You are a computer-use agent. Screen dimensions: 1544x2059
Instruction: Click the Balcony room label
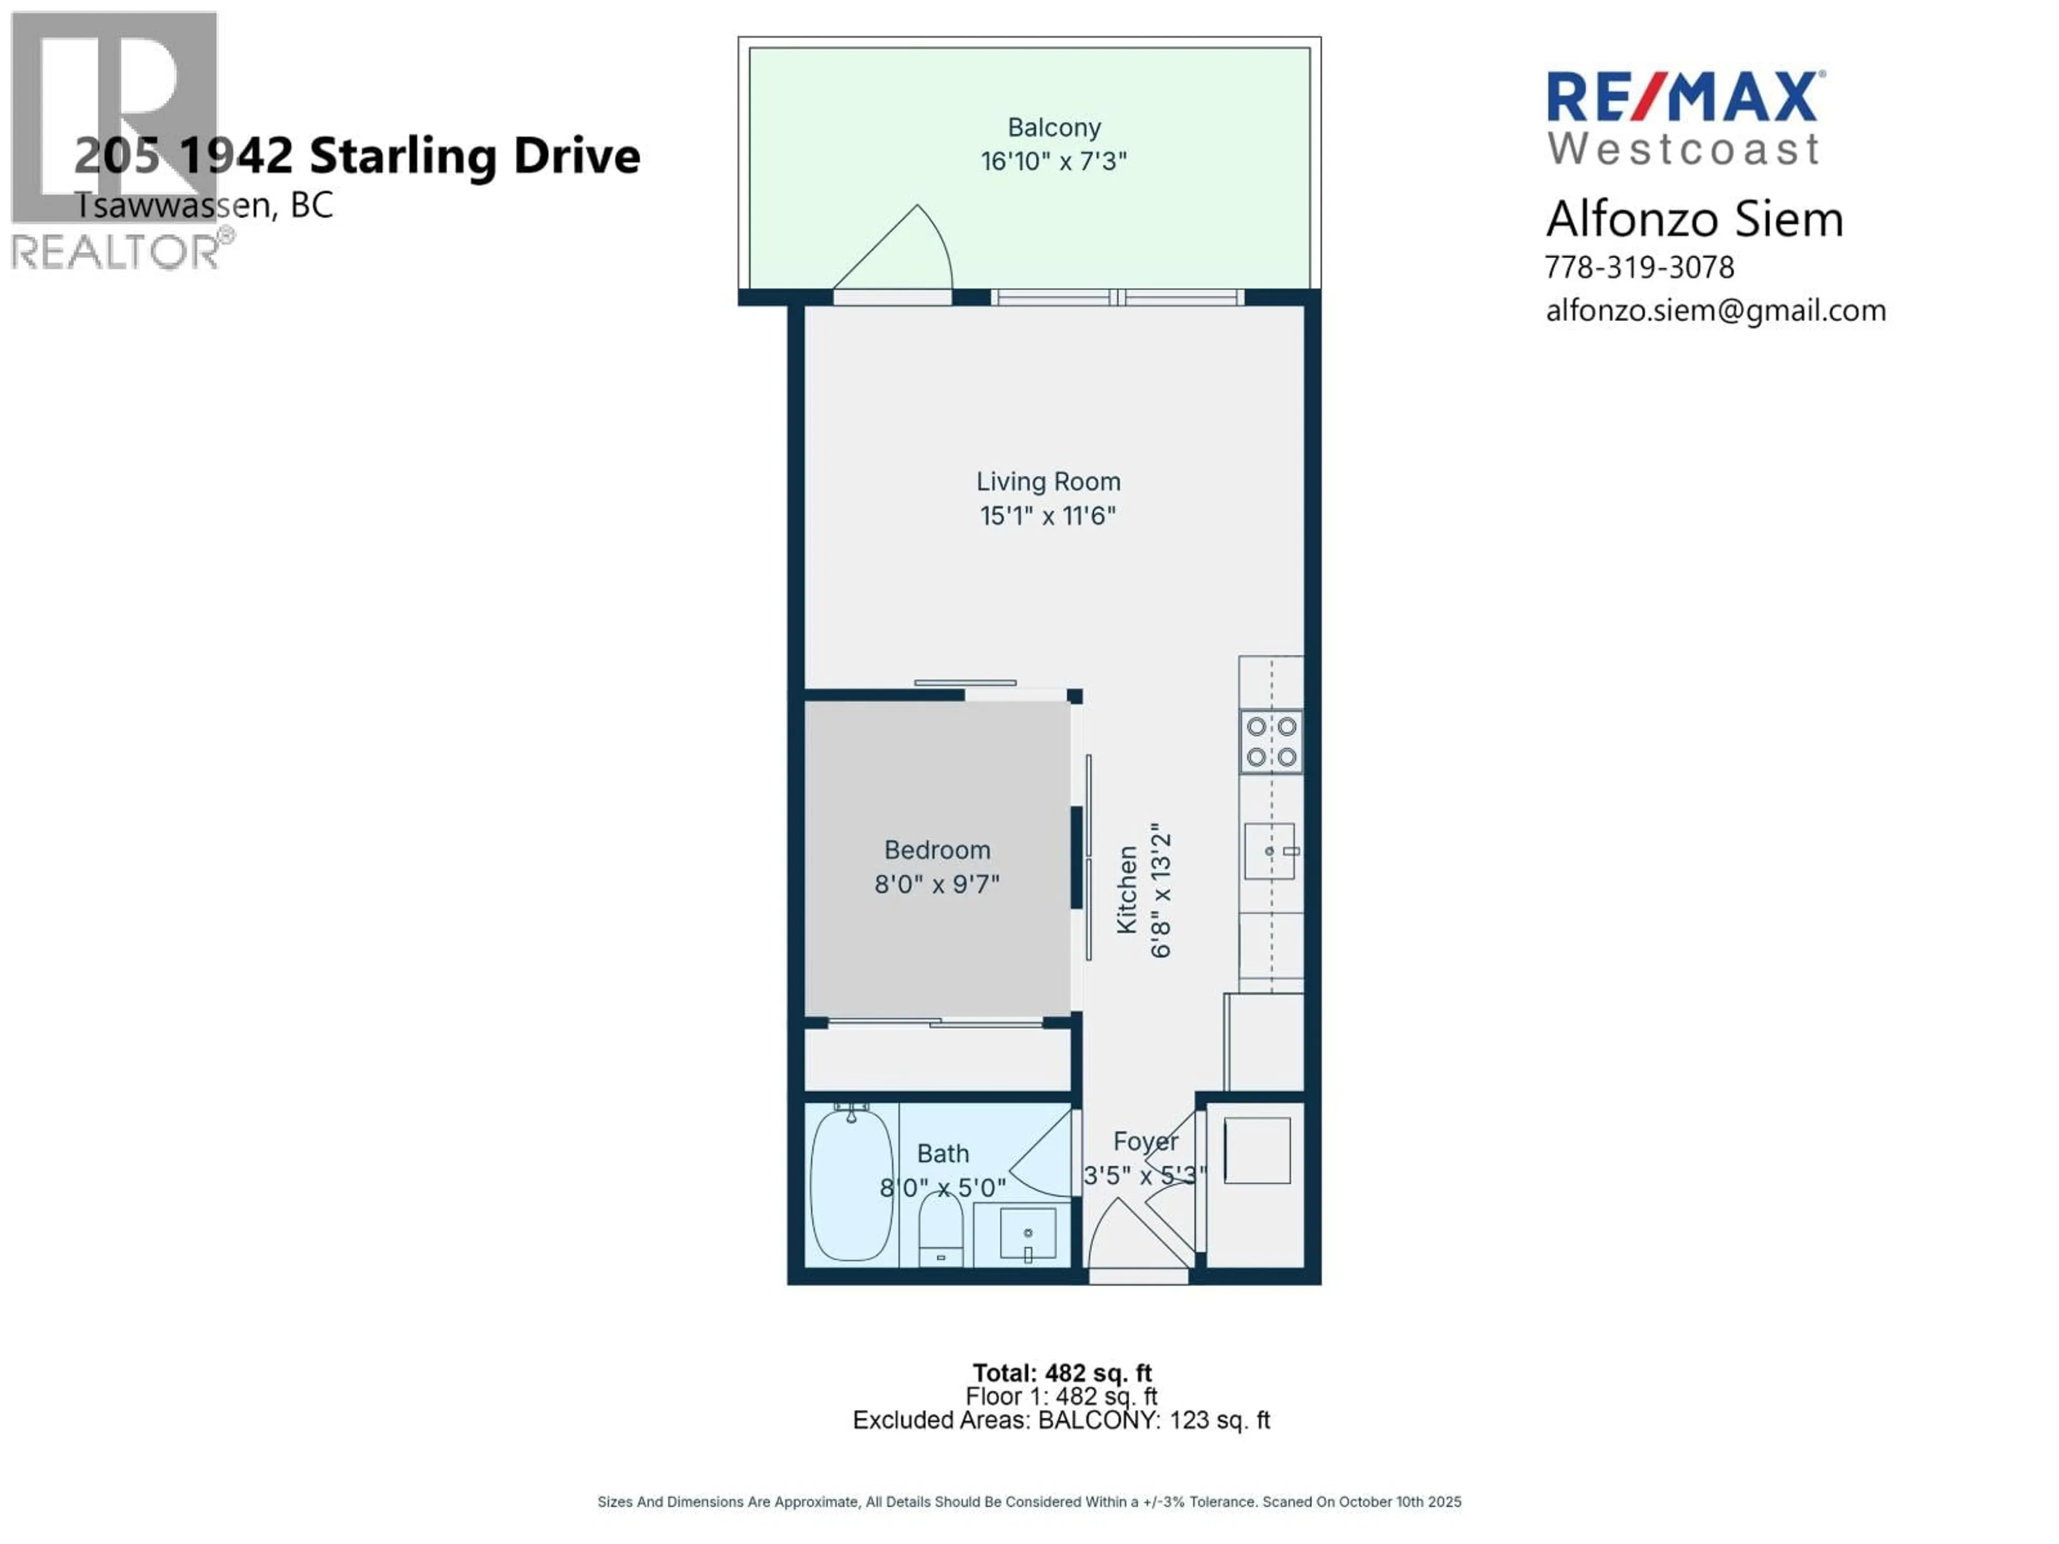pos(1054,128)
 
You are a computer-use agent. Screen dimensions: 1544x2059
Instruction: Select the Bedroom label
pos(936,850)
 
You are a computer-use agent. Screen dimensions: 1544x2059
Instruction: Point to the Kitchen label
pos(1127,890)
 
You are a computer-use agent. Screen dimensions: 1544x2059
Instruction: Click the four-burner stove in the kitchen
pos(1271,742)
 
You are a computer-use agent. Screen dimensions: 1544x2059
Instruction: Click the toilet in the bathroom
pos(941,1229)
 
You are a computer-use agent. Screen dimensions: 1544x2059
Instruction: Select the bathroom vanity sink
pos(1028,1234)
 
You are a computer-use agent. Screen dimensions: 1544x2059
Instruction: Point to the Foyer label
pos(1146,1141)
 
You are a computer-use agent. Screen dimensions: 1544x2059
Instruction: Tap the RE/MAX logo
pos(1685,98)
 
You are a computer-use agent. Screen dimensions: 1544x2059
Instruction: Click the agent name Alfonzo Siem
pos(1694,220)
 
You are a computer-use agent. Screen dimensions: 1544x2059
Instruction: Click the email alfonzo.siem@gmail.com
pos(1715,310)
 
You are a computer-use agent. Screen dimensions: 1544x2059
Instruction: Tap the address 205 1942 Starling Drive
pos(358,155)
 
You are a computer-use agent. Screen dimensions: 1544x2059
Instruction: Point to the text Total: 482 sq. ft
pos(1062,1373)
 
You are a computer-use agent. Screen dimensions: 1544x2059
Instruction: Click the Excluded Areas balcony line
pos(1061,1420)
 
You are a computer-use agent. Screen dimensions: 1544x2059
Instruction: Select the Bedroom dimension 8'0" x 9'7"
pos(936,883)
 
